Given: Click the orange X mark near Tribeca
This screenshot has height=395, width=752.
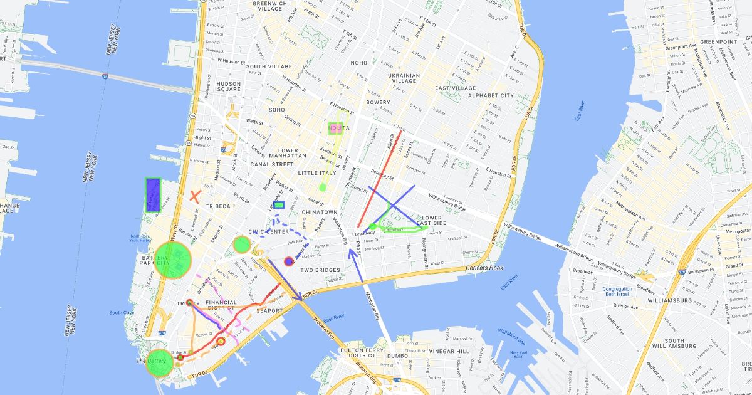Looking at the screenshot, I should click(195, 196).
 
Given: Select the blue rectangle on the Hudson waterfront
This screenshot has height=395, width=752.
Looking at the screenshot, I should click(153, 194).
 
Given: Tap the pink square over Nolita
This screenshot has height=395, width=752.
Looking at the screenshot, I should click(337, 129).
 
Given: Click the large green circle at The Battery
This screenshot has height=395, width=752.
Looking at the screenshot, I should click(159, 363).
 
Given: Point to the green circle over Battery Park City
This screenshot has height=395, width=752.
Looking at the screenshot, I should click(172, 258).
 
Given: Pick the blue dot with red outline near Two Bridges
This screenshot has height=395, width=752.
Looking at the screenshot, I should click(289, 261).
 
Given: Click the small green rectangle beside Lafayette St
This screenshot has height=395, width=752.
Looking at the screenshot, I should click(279, 204).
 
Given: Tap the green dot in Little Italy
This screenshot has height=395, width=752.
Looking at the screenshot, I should click(323, 187).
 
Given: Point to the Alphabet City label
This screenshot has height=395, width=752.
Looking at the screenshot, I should click(491, 96).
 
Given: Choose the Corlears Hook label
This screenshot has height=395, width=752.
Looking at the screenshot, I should click(484, 268).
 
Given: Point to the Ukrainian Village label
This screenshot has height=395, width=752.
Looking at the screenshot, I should click(404, 78).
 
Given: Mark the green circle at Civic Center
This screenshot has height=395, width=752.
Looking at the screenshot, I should click(242, 244).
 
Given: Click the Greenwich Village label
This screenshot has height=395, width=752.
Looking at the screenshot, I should click(271, 6).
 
